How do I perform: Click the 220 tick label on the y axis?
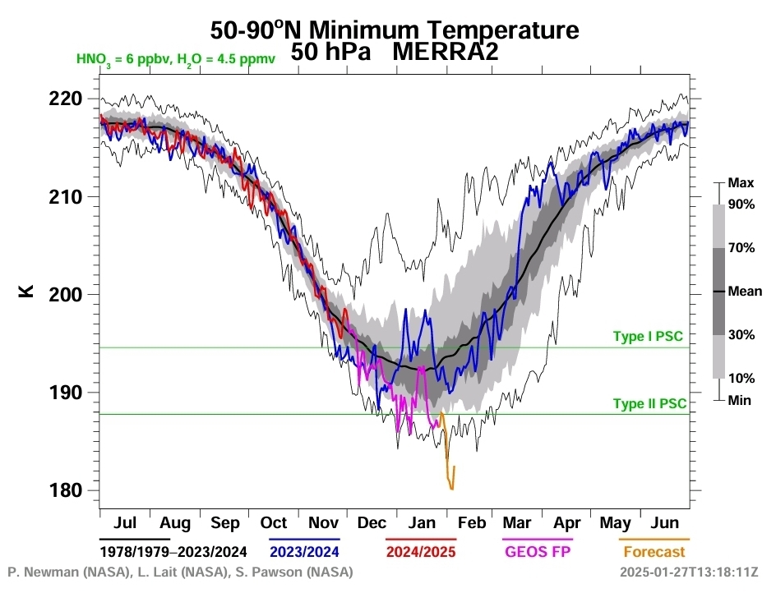67,99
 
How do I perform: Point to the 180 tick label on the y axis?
67,490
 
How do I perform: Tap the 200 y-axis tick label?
67,295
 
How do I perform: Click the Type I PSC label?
648,337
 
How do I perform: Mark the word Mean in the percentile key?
745,291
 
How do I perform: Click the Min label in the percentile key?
740,400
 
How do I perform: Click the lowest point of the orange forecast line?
451,490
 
